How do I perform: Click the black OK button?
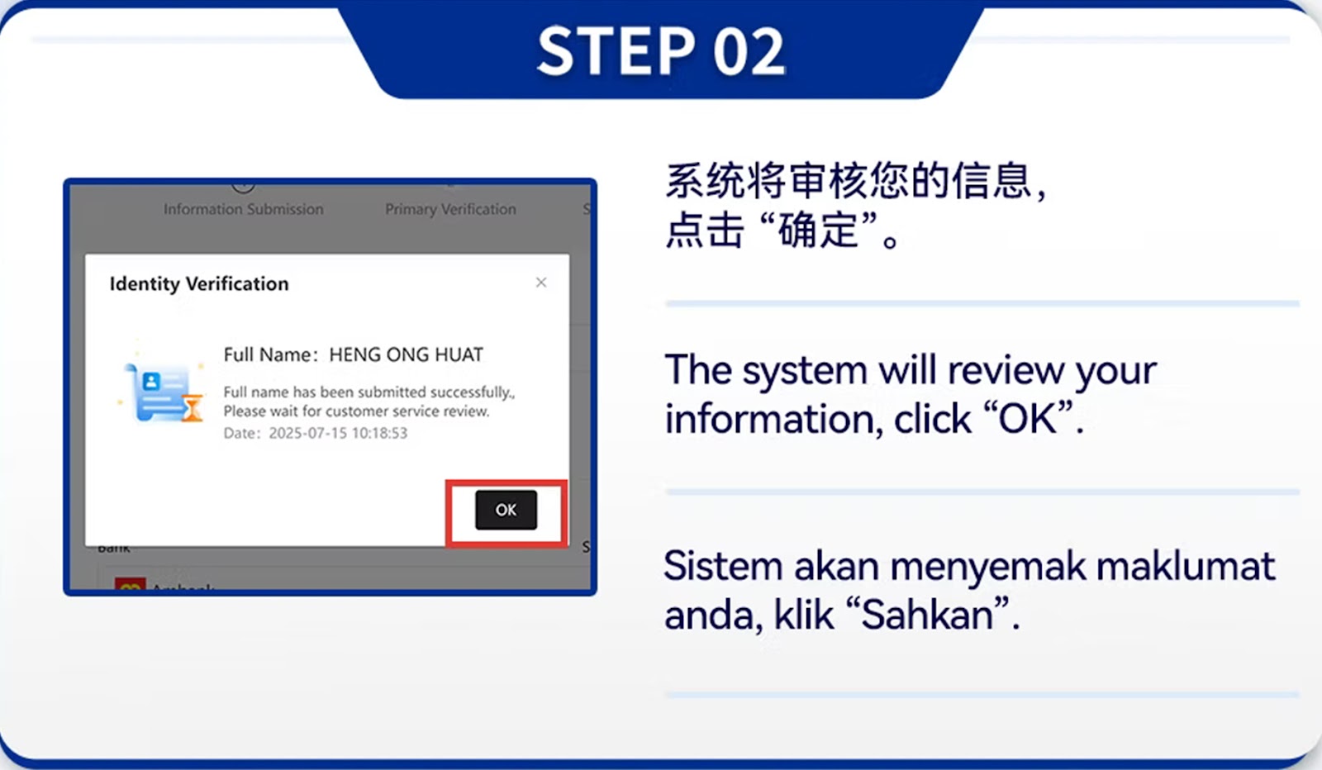[506, 510]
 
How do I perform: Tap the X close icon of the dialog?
[541, 283]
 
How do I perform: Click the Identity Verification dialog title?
[199, 283]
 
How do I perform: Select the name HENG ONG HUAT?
[406, 354]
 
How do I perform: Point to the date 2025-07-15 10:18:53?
[338, 433]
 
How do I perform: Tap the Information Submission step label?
[243, 209]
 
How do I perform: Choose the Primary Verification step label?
[450, 209]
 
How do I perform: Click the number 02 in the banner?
[749, 52]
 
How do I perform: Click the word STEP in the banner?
[616, 52]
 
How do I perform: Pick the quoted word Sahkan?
[927, 615]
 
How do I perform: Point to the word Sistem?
[723, 567]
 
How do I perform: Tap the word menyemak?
[987, 567]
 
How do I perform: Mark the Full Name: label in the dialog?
[270, 354]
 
